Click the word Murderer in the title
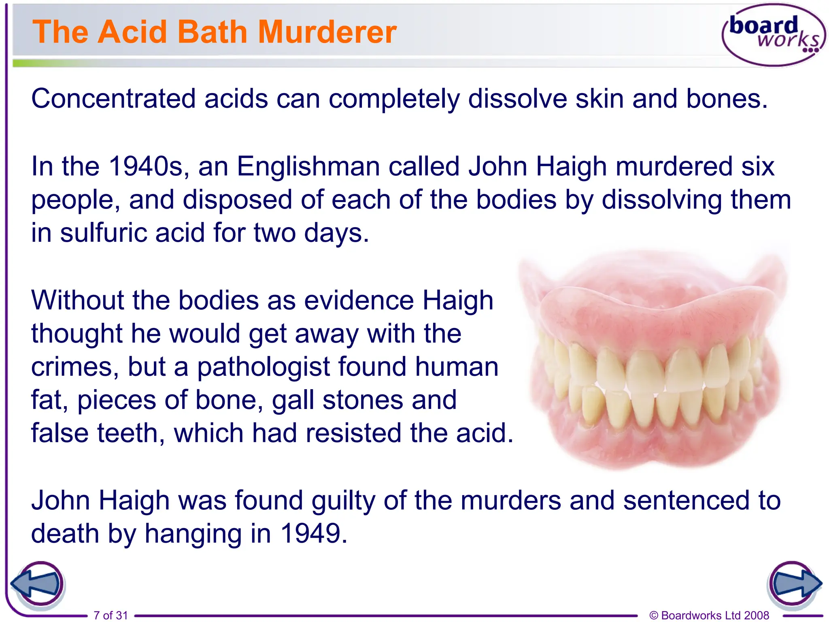327,32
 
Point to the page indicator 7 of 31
111,615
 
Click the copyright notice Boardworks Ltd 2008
709,615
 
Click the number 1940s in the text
147,166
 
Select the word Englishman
308,166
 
